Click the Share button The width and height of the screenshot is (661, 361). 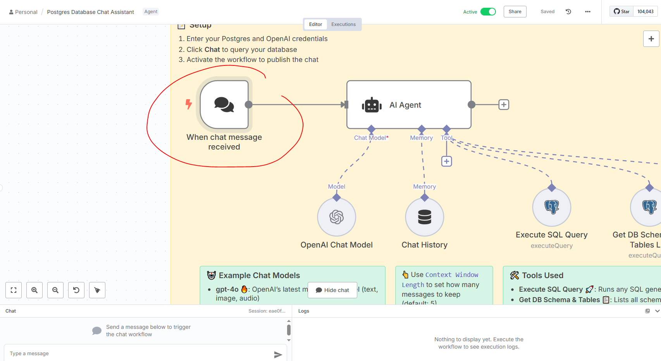(x=515, y=12)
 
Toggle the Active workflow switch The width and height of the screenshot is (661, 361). (x=488, y=12)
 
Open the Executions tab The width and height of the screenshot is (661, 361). (x=343, y=24)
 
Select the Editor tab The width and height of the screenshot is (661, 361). (x=315, y=24)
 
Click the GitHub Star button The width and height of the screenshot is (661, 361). (x=621, y=12)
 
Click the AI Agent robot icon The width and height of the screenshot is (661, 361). (x=372, y=105)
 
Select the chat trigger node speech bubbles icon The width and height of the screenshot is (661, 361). (x=224, y=105)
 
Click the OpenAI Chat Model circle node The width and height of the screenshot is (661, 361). (x=336, y=217)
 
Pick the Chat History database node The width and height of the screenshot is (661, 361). (x=424, y=217)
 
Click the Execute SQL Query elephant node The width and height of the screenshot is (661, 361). (x=551, y=207)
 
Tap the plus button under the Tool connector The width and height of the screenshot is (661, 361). (x=446, y=161)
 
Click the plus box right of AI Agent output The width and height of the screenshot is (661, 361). (x=503, y=105)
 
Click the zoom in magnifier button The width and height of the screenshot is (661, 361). (x=34, y=290)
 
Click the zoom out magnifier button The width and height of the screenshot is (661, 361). (x=55, y=290)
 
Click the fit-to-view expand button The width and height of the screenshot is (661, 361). (x=14, y=290)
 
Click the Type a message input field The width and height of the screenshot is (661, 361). (x=139, y=353)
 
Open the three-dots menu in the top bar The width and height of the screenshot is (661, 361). (x=587, y=12)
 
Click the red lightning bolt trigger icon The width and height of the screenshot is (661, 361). (x=189, y=104)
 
